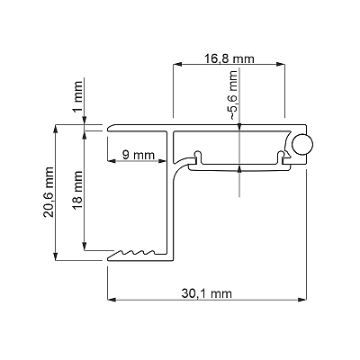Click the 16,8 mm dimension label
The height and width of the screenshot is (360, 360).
point(229,58)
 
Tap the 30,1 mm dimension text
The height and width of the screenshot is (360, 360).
point(207,292)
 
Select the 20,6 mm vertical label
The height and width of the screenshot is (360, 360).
point(49,193)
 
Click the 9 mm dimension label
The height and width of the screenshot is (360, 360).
point(139,155)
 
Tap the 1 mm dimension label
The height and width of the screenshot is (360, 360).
point(77,96)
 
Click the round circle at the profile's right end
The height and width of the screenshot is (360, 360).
point(302,144)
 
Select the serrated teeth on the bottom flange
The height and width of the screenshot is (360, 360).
point(137,253)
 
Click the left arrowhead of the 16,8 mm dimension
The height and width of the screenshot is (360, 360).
point(177,64)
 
